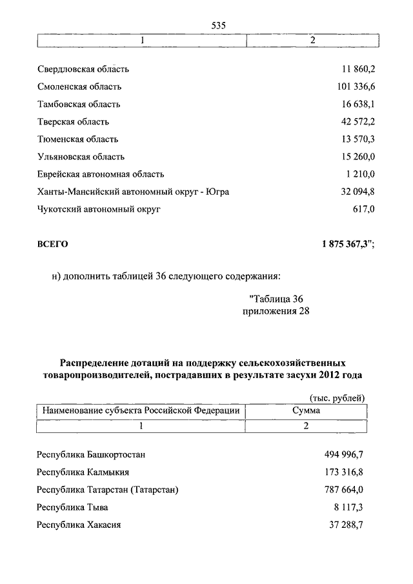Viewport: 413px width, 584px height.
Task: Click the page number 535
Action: click(x=217, y=25)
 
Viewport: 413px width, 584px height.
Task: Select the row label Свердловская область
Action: click(x=83, y=69)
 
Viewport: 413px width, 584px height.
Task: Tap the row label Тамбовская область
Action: click(x=79, y=104)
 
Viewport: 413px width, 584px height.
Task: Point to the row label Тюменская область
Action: click(x=77, y=139)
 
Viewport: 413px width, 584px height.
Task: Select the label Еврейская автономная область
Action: click(x=101, y=174)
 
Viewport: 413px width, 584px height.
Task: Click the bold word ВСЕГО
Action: click(x=52, y=244)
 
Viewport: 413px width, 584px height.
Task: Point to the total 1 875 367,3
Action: click(x=347, y=244)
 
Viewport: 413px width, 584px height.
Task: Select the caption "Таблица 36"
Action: click(x=276, y=298)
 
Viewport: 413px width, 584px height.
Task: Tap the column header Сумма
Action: click(x=306, y=410)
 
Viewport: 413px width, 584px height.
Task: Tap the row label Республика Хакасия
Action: click(x=79, y=525)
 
